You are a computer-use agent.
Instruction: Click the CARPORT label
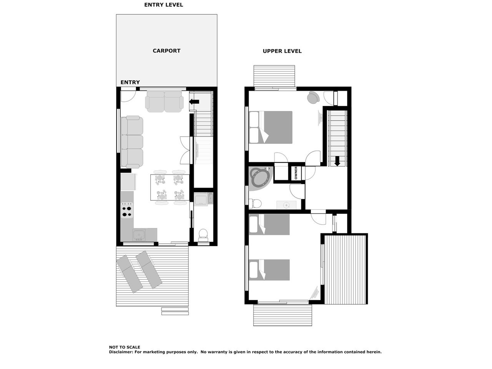click(x=166, y=51)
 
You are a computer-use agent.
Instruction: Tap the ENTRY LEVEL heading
click(x=163, y=5)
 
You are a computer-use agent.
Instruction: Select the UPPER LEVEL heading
click(x=282, y=51)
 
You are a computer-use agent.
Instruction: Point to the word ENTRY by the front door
click(x=130, y=82)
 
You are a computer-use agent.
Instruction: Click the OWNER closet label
click(x=296, y=173)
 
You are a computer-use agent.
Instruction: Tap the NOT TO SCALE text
click(x=125, y=347)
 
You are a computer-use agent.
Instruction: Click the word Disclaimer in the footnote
click(x=121, y=352)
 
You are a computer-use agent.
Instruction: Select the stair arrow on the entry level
click(x=194, y=102)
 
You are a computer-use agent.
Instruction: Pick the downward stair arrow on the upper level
click(x=337, y=161)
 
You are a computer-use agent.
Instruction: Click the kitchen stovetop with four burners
click(x=127, y=210)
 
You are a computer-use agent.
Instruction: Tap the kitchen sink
click(x=139, y=234)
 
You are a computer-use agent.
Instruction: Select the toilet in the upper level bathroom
click(x=255, y=204)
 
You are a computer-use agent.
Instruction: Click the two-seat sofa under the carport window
click(x=164, y=101)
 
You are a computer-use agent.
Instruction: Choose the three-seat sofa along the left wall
click(x=132, y=142)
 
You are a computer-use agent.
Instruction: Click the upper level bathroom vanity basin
click(x=286, y=205)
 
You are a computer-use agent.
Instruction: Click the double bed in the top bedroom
click(x=271, y=127)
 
